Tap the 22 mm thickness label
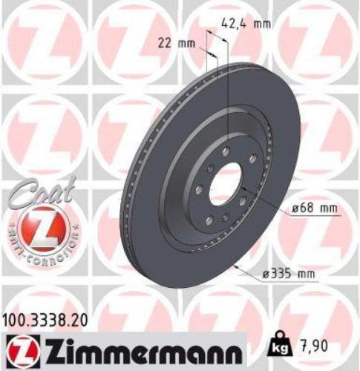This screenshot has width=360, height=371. pos(177,43)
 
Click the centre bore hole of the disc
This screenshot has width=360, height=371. pos(225,185)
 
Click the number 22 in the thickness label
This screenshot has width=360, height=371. pos(166,43)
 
